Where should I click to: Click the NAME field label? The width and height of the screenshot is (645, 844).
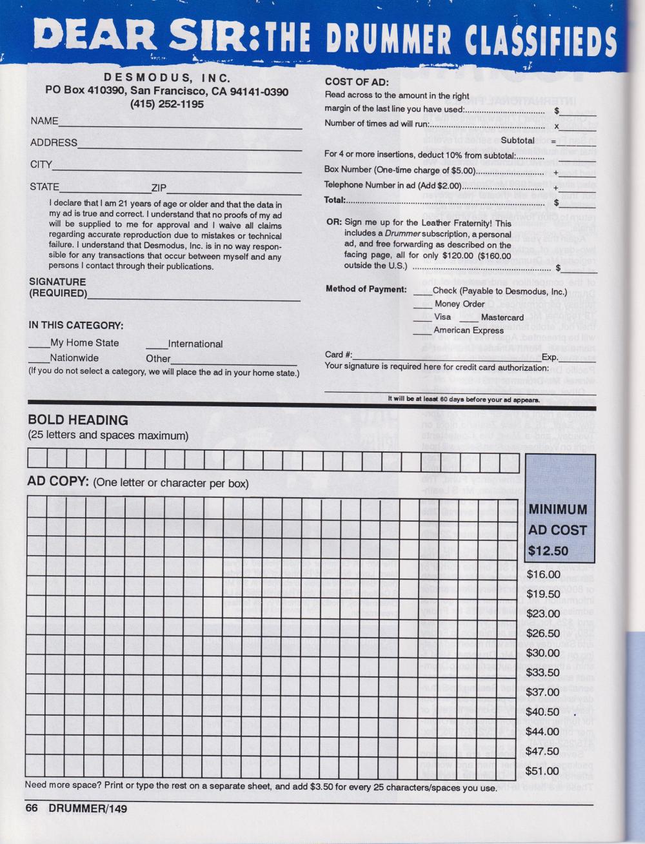45,121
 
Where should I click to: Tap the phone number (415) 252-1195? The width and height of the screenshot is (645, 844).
166,104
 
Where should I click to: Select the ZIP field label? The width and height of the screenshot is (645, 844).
159,188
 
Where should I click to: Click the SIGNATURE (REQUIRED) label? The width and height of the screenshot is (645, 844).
57,288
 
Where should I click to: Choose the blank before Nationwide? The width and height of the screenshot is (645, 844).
39,358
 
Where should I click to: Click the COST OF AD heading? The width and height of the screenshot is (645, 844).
356,82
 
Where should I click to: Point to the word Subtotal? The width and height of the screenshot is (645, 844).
517,141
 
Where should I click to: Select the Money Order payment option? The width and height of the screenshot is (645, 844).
459,304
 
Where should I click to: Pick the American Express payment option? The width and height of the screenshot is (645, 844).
469,331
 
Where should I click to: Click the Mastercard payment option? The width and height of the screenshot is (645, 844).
502,317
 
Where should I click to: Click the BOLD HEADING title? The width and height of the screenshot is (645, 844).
77,420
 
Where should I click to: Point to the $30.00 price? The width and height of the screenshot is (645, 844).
543,653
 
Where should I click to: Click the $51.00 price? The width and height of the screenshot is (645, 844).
543,771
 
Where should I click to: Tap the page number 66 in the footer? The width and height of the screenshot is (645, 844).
32,809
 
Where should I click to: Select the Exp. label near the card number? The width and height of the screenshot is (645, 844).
550,357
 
